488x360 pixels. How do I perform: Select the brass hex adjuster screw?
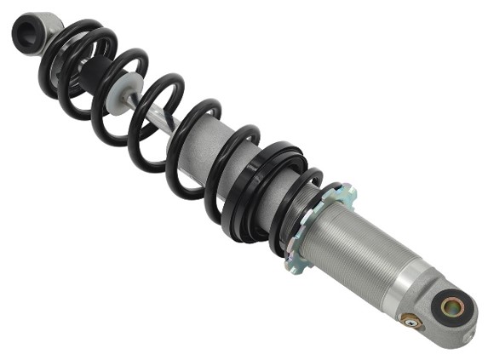[x=412, y=322]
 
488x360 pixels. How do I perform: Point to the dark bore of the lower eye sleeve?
[x=452, y=306]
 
